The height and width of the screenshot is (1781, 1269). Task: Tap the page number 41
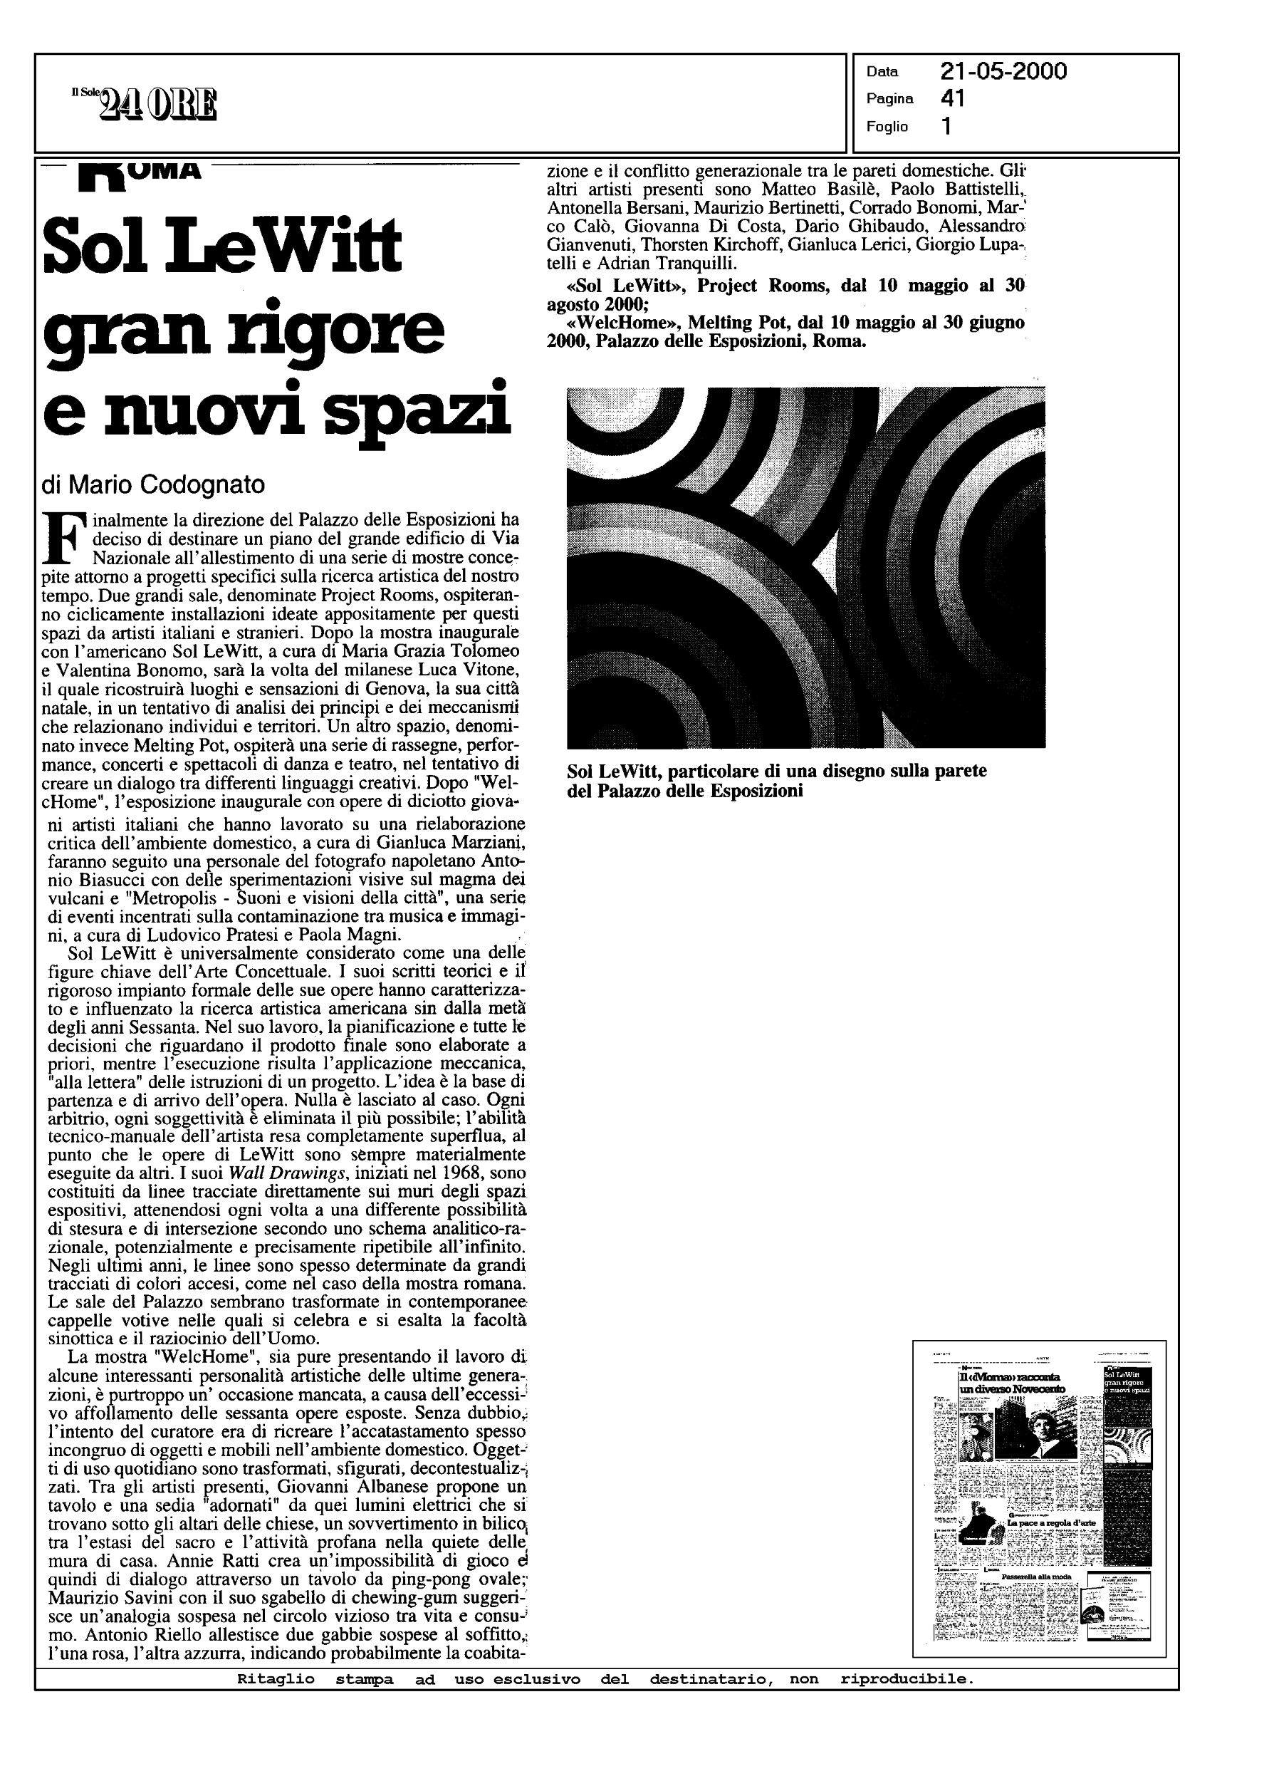953,98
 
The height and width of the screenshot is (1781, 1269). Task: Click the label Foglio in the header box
887,127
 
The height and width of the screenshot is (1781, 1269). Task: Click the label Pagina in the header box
890,99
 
